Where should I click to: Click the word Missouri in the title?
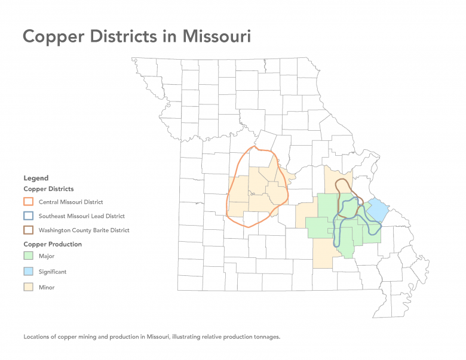click(x=217, y=36)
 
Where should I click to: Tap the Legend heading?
click(x=36, y=178)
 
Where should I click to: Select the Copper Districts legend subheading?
click(x=48, y=189)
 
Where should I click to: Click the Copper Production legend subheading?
click(x=53, y=244)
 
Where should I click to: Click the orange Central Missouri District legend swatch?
click(x=29, y=202)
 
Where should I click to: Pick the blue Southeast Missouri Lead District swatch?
click(x=29, y=216)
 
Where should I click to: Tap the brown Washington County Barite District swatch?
click(x=29, y=230)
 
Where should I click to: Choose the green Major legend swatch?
click(x=29, y=256)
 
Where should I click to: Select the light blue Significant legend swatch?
click(x=29, y=272)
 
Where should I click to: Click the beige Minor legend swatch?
click(x=29, y=287)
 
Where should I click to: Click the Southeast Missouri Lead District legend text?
click(x=82, y=216)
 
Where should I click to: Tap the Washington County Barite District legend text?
click(x=84, y=230)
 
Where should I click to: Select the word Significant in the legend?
click(x=53, y=272)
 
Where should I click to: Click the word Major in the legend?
click(x=46, y=256)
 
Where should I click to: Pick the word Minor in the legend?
click(x=47, y=287)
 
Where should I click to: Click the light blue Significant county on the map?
click(x=378, y=210)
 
